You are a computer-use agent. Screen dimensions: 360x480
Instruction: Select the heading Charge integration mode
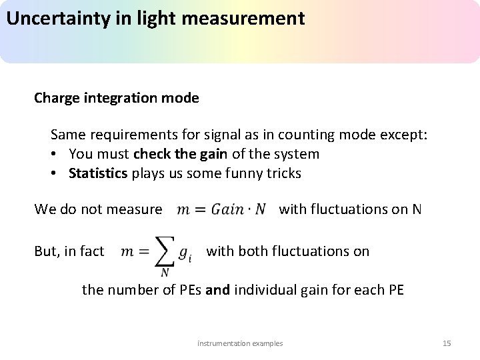[117, 98]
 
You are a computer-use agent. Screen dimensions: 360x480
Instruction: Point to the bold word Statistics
[98, 173]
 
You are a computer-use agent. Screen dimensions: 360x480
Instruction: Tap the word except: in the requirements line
[403, 135]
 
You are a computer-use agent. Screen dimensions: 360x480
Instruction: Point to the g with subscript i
[185, 253]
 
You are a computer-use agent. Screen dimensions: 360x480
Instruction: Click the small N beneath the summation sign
[164, 271]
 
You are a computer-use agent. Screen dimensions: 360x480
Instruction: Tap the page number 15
[447, 343]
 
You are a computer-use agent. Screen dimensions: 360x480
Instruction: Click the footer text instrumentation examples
[240, 343]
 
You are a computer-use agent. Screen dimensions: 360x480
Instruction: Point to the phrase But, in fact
[69, 251]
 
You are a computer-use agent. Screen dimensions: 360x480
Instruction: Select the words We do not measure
[98, 209]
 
